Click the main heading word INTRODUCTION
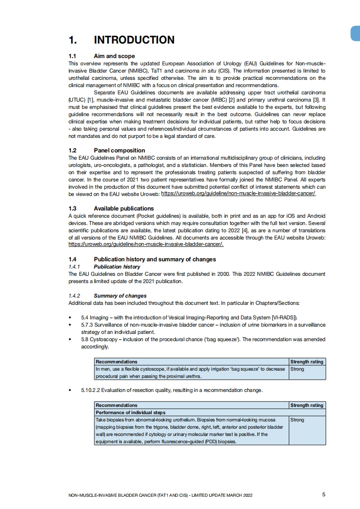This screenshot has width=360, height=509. click(x=134, y=40)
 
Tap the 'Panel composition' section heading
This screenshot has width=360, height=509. click(x=119, y=150)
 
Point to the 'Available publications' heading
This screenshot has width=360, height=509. click(x=123, y=209)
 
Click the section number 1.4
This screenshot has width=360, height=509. click(x=73, y=259)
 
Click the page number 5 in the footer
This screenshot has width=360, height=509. click(x=324, y=494)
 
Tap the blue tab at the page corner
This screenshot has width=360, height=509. click(x=356, y=34)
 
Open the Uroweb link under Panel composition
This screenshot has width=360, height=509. click(x=238, y=194)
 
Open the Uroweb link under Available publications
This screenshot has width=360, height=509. click(x=146, y=245)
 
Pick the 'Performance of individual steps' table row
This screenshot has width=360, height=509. click(x=131, y=412)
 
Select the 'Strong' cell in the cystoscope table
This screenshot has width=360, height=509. click(x=297, y=369)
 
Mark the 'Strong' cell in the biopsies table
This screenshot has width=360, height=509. click(x=297, y=420)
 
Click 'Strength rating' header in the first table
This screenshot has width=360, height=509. click(x=307, y=362)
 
